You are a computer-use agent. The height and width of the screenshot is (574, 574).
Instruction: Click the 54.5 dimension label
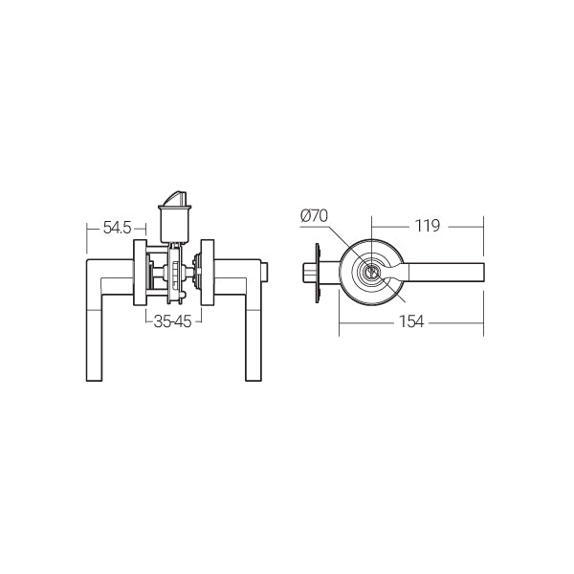[117, 228]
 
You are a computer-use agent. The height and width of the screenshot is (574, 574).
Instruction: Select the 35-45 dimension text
[173, 321]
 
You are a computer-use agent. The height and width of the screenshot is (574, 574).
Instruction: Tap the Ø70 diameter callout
[314, 215]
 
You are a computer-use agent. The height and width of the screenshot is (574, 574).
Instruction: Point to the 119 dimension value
[428, 226]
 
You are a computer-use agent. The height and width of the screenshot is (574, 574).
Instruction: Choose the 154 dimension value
[411, 321]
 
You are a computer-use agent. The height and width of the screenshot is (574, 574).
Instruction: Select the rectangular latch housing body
[175, 224]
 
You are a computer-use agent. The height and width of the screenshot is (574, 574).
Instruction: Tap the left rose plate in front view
[140, 273]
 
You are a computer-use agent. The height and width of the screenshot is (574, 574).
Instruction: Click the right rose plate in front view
[208, 273]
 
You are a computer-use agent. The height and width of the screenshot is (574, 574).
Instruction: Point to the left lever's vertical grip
[94, 329]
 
